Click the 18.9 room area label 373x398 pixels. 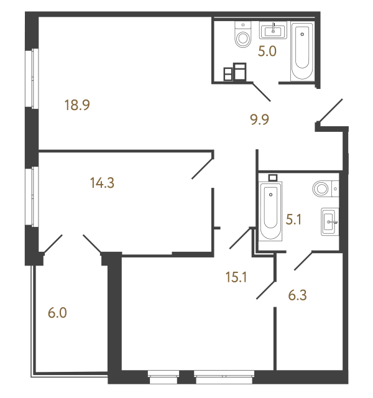click(77, 105)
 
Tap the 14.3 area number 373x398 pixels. click(102, 183)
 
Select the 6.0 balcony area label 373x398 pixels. click(57, 313)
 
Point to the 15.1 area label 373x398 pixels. click(236, 277)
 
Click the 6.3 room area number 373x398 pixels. click(297, 295)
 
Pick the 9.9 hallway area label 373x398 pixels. click(260, 119)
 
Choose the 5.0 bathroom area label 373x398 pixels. click(267, 51)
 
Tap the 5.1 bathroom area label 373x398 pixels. click(293, 220)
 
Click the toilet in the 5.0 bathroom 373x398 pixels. click(243, 34)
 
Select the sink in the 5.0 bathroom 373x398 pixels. click(273, 30)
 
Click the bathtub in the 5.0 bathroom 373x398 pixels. click(302, 51)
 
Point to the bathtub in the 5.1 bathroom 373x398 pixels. click(270, 211)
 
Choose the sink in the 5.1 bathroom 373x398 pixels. click(329, 221)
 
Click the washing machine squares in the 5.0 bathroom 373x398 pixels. click(235, 72)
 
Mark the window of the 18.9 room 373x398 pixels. click(32, 78)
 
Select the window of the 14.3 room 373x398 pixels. click(32, 197)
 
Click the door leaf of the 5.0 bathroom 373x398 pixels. click(262, 91)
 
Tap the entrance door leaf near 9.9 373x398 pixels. click(330, 111)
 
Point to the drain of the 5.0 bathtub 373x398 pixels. click(302, 34)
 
